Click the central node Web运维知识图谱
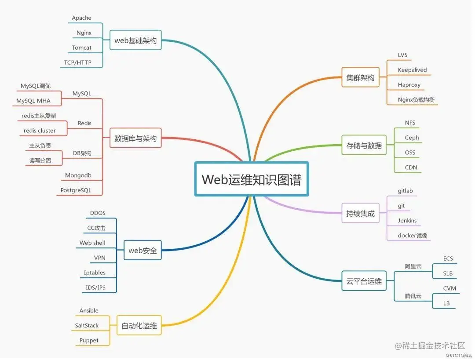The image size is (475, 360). pyautogui.click(x=251, y=179)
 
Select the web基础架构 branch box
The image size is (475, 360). pyautogui.click(x=135, y=40)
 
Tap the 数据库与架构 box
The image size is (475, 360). pyautogui.click(x=135, y=138)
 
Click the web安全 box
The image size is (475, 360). pyautogui.click(x=142, y=251)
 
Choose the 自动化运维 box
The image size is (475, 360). pyautogui.click(x=139, y=326)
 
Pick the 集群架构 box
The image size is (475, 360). pyautogui.click(x=360, y=78)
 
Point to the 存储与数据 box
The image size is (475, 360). pyautogui.click(x=364, y=145)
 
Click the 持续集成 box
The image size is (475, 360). pyautogui.click(x=360, y=214)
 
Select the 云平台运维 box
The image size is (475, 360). pyautogui.click(x=364, y=281)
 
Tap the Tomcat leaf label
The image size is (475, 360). pyautogui.click(x=82, y=47)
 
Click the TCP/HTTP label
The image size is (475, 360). pyautogui.click(x=78, y=62)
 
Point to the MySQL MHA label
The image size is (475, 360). pyautogui.click(x=33, y=101)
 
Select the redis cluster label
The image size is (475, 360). pyautogui.click(x=40, y=131)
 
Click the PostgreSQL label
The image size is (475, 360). pyautogui.click(x=76, y=190)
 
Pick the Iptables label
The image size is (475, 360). pyautogui.click(x=95, y=273)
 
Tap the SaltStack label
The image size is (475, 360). pyautogui.click(x=87, y=325)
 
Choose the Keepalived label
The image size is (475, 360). pyautogui.click(x=412, y=70)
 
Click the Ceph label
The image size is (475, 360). pyautogui.click(x=412, y=138)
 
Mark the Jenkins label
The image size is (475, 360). pyautogui.click(x=407, y=221)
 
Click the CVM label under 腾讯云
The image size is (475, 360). pyautogui.click(x=449, y=288)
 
